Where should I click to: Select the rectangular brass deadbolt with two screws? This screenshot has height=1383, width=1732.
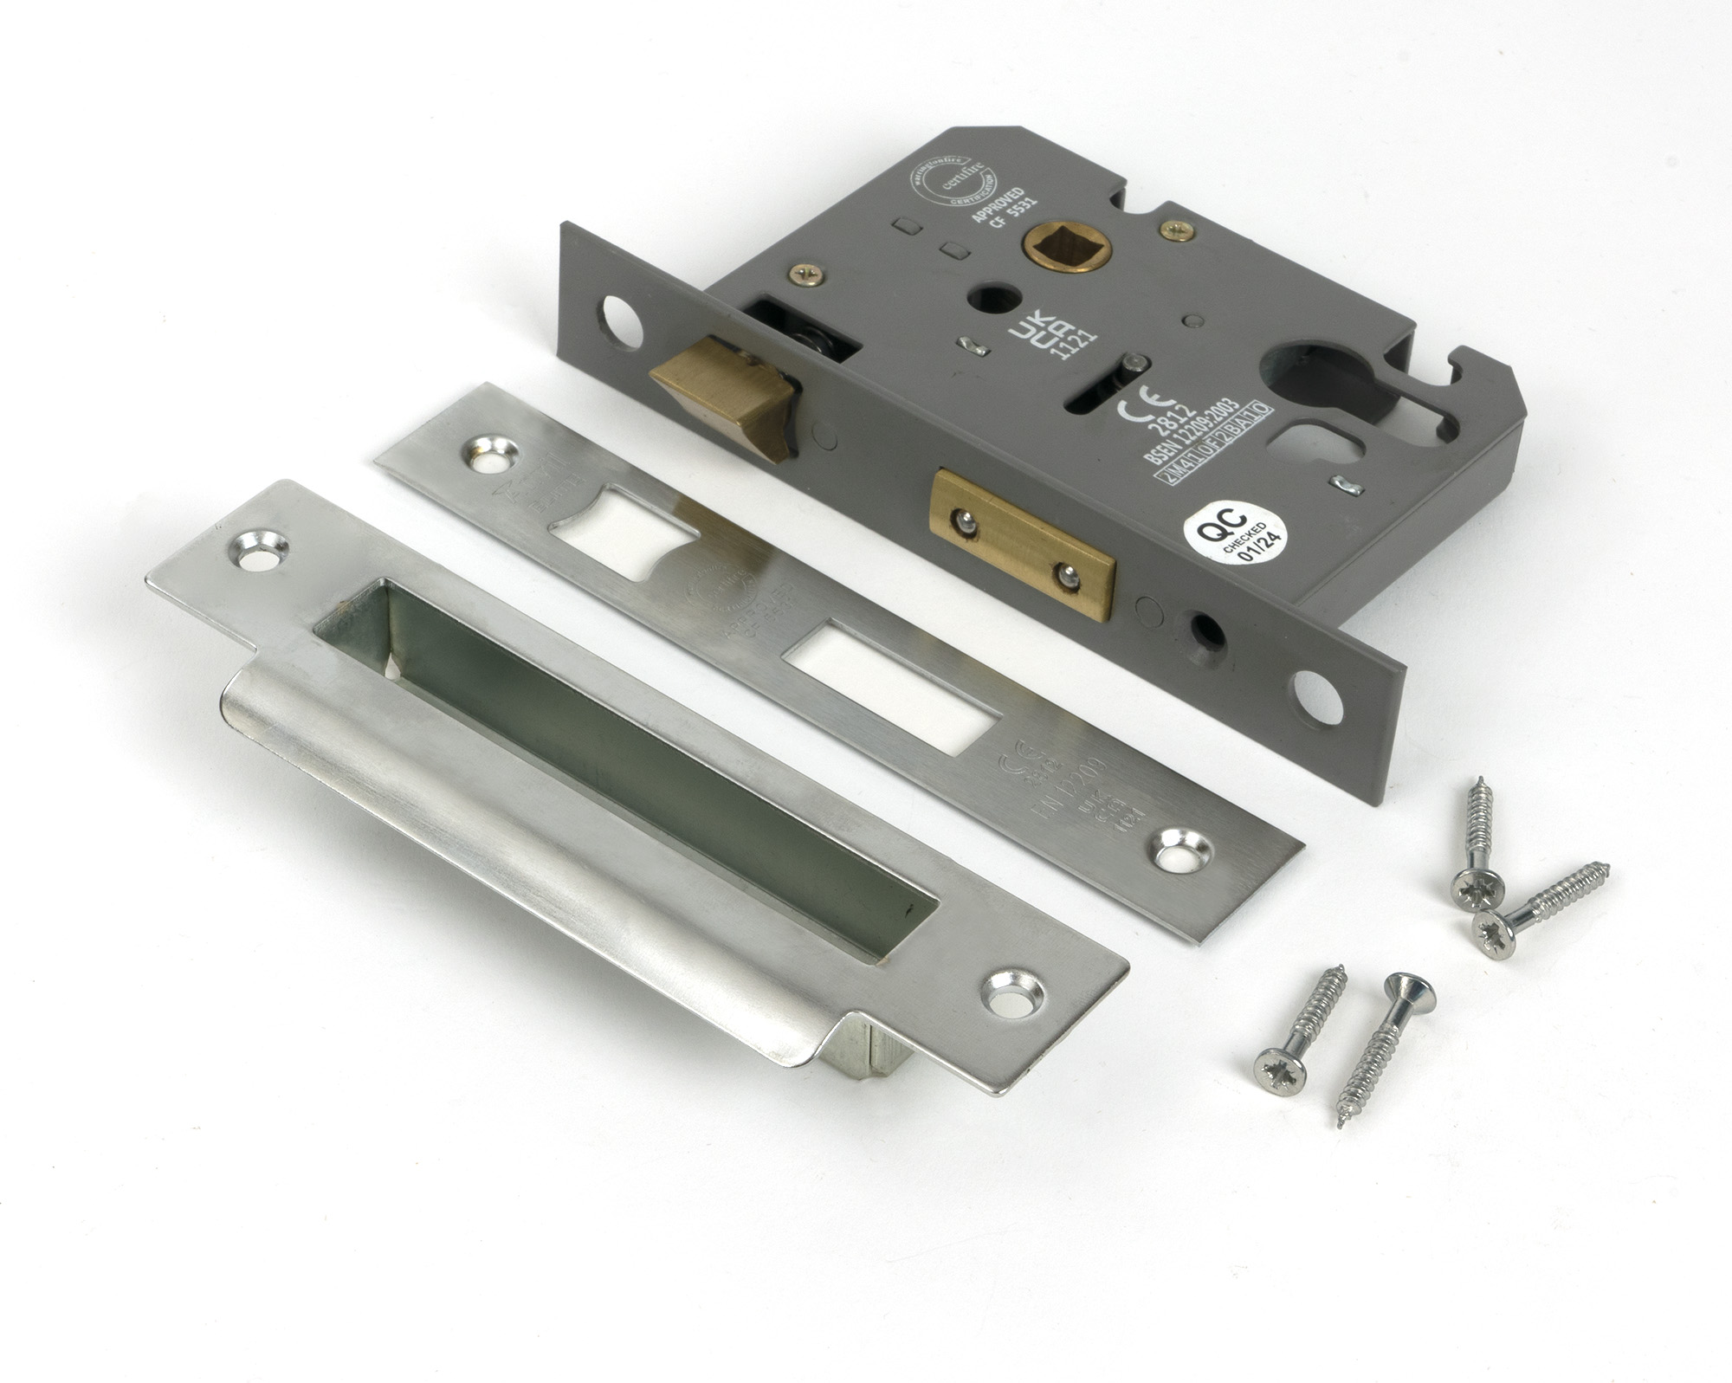point(1022,545)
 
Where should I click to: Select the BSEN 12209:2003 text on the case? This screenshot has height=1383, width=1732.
point(1186,434)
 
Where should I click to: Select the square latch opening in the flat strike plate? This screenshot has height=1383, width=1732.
point(624,531)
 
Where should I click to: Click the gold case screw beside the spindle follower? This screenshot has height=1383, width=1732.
point(1177,229)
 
